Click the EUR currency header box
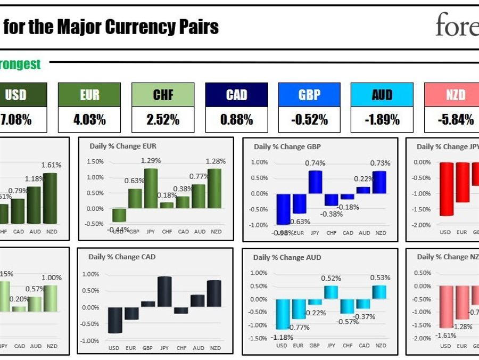pos(89,95)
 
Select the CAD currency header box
pos(236,95)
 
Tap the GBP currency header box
pos(309,95)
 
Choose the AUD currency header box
pos(382,95)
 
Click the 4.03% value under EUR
pos(89,120)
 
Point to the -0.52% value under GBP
pos(309,120)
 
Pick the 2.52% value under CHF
pos(163,120)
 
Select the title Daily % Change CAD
pos(122,257)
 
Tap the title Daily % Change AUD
pos(287,257)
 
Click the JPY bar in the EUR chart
pos(151,188)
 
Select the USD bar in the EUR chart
pos(119,215)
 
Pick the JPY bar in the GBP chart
pos(315,182)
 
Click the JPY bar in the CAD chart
pos(164,291)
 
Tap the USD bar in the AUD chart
pos(283,314)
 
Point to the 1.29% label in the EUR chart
pos(150,160)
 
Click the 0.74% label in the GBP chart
pos(315,163)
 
